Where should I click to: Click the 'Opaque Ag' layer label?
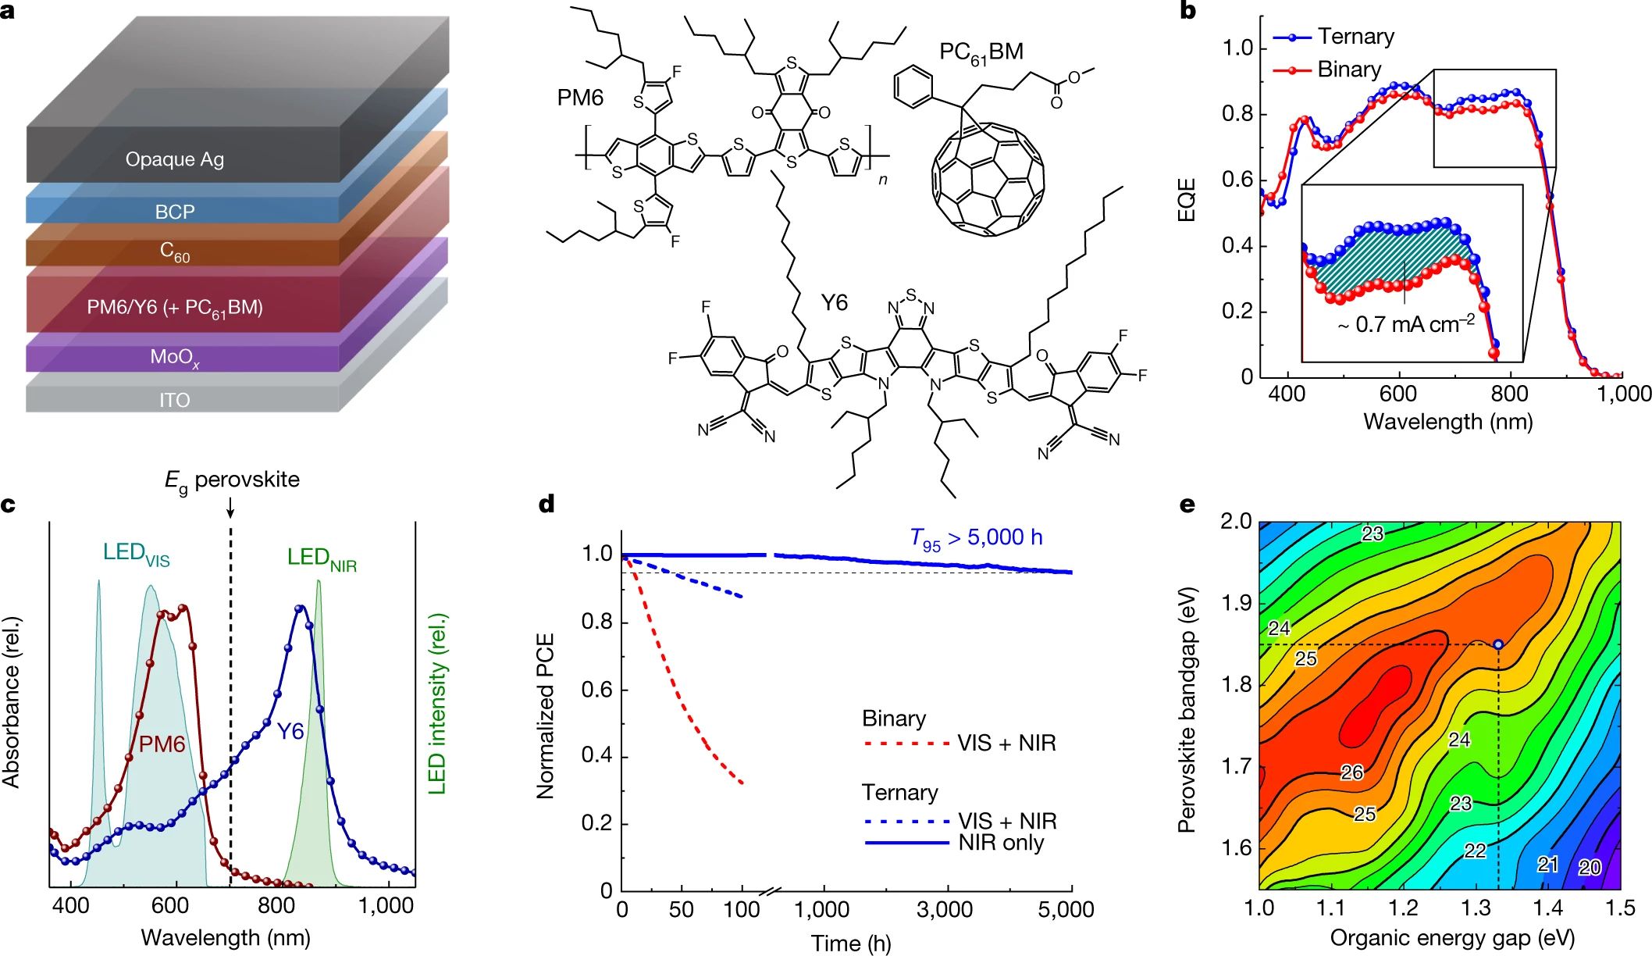tap(175, 159)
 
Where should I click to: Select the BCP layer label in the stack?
tap(175, 212)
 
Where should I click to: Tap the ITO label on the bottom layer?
tap(174, 400)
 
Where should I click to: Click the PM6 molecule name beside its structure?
tap(580, 98)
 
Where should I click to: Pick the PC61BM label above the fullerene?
tap(981, 52)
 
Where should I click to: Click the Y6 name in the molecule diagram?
tap(834, 302)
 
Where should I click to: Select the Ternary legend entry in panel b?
tap(1355, 37)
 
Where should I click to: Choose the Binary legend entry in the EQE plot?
tap(1349, 70)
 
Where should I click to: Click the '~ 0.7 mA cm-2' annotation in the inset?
tap(1405, 324)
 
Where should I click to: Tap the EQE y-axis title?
tap(1187, 200)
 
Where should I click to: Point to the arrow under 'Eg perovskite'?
tap(230, 509)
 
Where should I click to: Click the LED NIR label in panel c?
tap(322, 558)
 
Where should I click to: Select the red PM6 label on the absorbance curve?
tap(162, 744)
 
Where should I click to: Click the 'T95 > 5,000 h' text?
tap(976, 538)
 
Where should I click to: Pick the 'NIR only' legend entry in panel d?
tap(1001, 843)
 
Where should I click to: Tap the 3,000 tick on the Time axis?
tap(945, 910)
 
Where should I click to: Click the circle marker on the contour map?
tap(1498, 644)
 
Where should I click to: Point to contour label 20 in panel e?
tap(1590, 867)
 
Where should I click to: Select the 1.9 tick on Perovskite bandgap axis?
tap(1236, 603)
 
